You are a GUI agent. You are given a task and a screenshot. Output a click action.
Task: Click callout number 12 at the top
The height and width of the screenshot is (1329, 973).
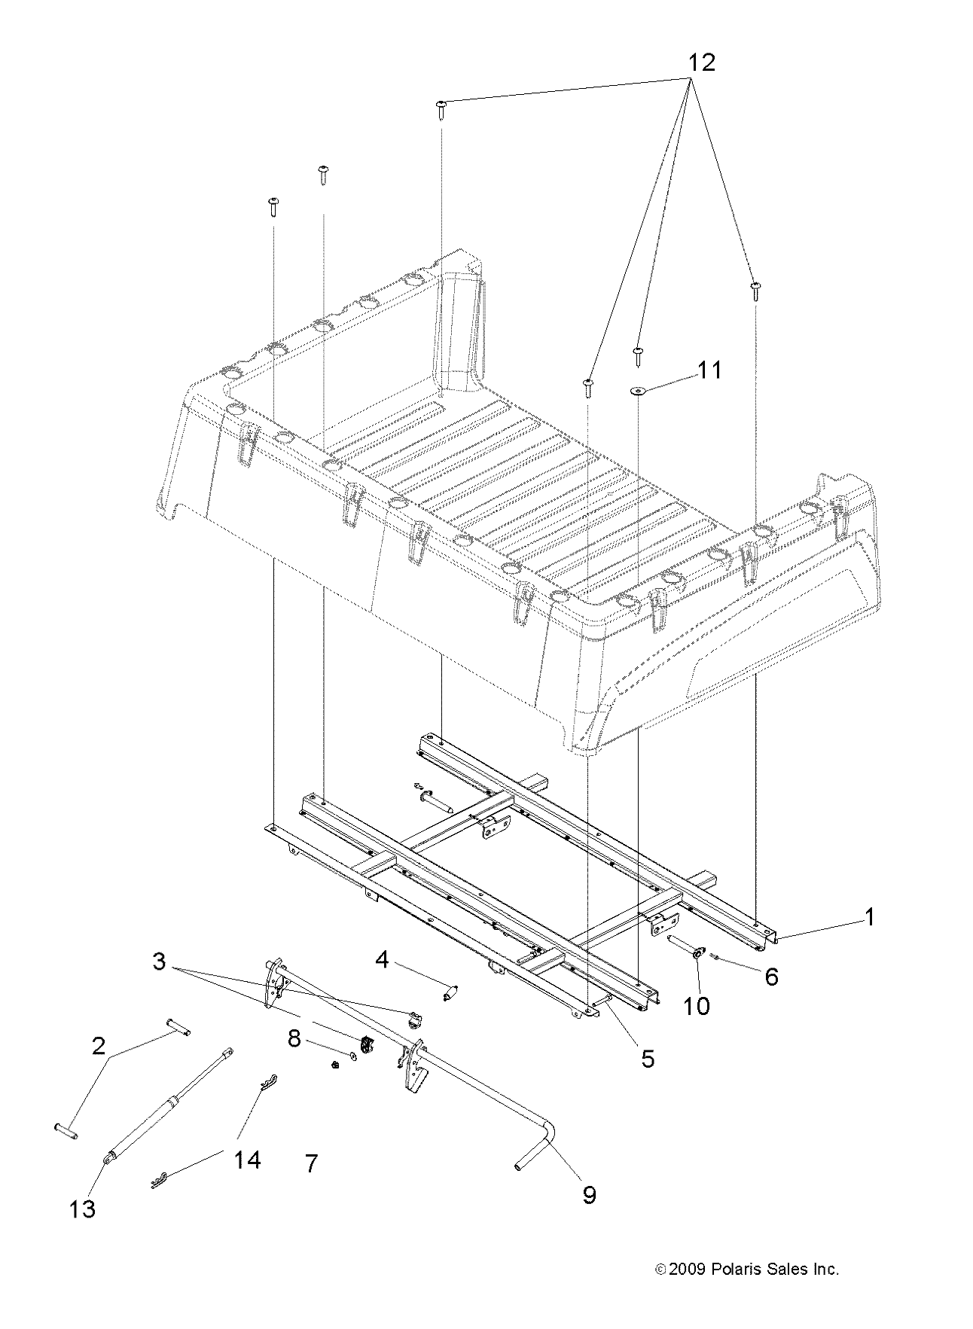coord(700,62)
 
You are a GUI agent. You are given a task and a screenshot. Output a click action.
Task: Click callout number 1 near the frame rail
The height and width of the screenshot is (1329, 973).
coord(869,917)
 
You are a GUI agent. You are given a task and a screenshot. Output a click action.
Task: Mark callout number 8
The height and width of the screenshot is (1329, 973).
coord(294,1039)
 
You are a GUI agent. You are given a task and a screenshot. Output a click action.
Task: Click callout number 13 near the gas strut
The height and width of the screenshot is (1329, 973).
coord(83,1209)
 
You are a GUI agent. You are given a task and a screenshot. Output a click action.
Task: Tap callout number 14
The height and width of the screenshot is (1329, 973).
coord(247,1160)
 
